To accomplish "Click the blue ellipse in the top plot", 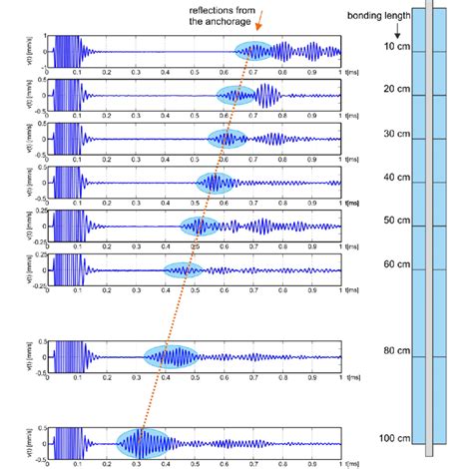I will (x=255, y=51).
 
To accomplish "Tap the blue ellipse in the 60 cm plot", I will (x=183, y=268).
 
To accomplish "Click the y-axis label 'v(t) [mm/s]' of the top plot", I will (x=34, y=51).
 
